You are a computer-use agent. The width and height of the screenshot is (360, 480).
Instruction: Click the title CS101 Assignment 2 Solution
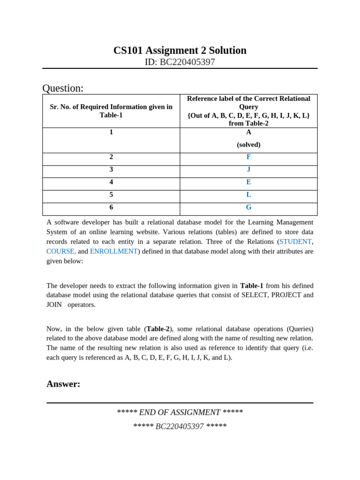tap(180, 51)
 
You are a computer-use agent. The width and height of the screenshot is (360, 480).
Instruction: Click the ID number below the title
tap(180, 62)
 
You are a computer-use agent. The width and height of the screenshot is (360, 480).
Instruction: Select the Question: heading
tap(63, 88)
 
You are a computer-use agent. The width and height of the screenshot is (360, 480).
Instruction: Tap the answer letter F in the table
tap(248, 157)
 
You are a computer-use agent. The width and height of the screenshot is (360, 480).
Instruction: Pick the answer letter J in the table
tap(248, 169)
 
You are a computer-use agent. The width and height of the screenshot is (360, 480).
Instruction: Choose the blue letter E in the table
tap(248, 182)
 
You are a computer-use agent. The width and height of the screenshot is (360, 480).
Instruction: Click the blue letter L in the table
tap(248, 195)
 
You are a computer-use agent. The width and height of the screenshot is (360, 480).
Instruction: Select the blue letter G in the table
tap(248, 207)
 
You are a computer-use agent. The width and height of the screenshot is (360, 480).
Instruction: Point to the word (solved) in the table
tap(248, 145)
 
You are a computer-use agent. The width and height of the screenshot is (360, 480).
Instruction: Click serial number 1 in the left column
tap(111, 132)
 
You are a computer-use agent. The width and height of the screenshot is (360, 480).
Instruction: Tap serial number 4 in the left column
tap(111, 182)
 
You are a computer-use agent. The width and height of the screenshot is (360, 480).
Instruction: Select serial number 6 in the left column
tap(111, 207)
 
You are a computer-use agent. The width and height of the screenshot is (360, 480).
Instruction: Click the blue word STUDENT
tap(295, 241)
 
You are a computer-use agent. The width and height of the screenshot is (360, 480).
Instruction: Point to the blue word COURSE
tap(60, 251)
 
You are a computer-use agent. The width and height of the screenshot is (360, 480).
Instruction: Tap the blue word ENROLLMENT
tap(113, 251)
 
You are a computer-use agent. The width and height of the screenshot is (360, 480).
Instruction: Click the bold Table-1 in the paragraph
tap(252, 285)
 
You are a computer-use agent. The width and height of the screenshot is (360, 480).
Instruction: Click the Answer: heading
tap(63, 384)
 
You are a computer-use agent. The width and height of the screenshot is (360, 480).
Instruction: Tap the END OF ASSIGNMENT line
tap(180, 412)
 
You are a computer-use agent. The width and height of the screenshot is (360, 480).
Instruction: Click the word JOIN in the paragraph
tap(54, 305)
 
